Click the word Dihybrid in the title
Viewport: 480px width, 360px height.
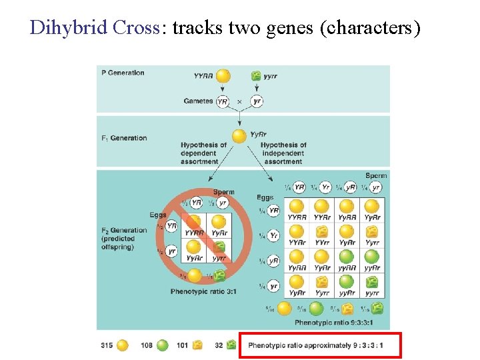pos(59,28)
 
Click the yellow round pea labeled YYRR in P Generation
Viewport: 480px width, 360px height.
pos(223,76)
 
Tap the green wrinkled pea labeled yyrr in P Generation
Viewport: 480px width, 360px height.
pos(255,76)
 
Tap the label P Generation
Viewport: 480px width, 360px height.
pos(123,73)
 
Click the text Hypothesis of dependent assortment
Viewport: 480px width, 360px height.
pos(203,153)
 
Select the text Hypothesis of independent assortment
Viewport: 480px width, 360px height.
pos(283,153)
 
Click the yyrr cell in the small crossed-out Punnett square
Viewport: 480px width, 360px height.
pos(219,252)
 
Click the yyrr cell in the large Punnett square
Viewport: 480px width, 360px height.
pos(372,287)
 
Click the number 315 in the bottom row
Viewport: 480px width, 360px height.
pos(106,345)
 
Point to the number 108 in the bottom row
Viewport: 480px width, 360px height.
pos(147,345)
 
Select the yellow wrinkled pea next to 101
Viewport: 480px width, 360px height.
pos(197,345)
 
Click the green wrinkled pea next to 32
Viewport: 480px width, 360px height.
pos(231,345)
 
